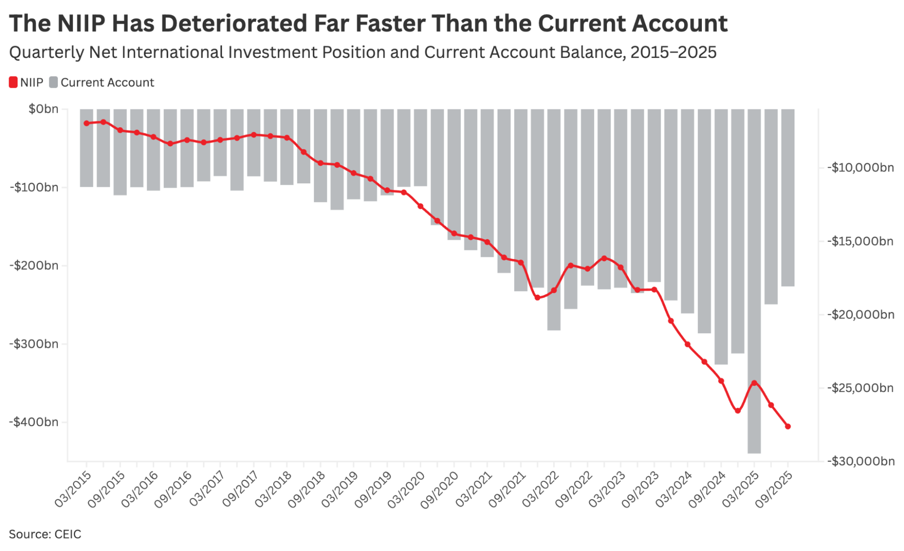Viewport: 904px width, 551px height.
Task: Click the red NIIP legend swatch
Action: (x=13, y=82)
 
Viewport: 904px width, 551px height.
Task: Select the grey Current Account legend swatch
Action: (x=53, y=82)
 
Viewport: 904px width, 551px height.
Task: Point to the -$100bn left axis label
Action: (x=34, y=187)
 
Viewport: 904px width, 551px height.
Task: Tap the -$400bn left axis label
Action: (x=34, y=422)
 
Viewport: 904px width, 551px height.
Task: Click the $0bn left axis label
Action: (x=43, y=109)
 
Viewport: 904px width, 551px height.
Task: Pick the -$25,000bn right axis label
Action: (x=861, y=388)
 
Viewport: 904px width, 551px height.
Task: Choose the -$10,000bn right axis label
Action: (x=861, y=168)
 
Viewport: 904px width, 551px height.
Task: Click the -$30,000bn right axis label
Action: (x=861, y=461)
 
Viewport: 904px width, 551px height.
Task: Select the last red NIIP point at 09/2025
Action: (x=788, y=426)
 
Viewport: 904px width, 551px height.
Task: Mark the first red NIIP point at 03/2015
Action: (x=86, y=123)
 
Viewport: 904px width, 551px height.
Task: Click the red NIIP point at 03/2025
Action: (x=754, y=383)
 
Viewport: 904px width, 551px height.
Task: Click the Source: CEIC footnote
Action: (x=45, y=534)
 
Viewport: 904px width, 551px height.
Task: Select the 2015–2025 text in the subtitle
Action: (x=673, y=53)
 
